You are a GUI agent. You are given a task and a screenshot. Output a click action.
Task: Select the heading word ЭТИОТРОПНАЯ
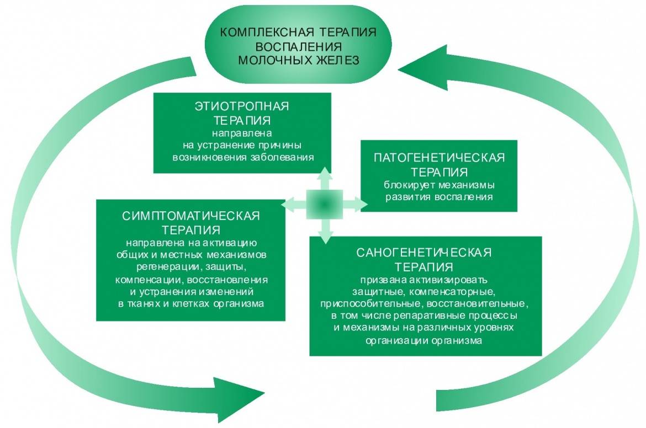(x=242, y=106)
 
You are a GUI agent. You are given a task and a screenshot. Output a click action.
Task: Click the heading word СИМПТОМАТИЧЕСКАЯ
(x=191, y=215)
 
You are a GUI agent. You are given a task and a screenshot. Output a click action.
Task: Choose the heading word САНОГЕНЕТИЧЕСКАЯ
(x=424, y=253)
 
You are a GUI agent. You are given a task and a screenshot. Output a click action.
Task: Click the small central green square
(x=325, y=204)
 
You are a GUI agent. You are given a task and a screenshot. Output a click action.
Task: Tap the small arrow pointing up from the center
(x=325, y=178)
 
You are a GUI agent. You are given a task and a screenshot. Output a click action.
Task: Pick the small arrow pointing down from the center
(x=325, y=232)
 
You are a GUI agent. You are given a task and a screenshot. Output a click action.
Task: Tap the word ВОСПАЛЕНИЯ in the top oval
(x=299, y=46)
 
